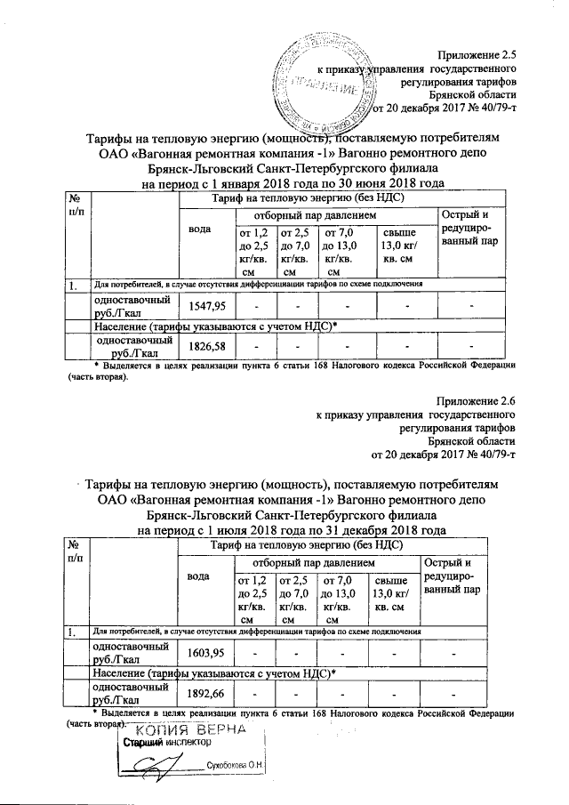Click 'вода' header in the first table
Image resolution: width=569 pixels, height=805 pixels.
[x=203, y=229]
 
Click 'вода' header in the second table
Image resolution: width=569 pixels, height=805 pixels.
[x=203, y=576]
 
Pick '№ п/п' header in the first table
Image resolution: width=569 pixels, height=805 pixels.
[x=76, y=205]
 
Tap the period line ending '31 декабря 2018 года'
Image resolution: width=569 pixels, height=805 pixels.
[x=296, y=530]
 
